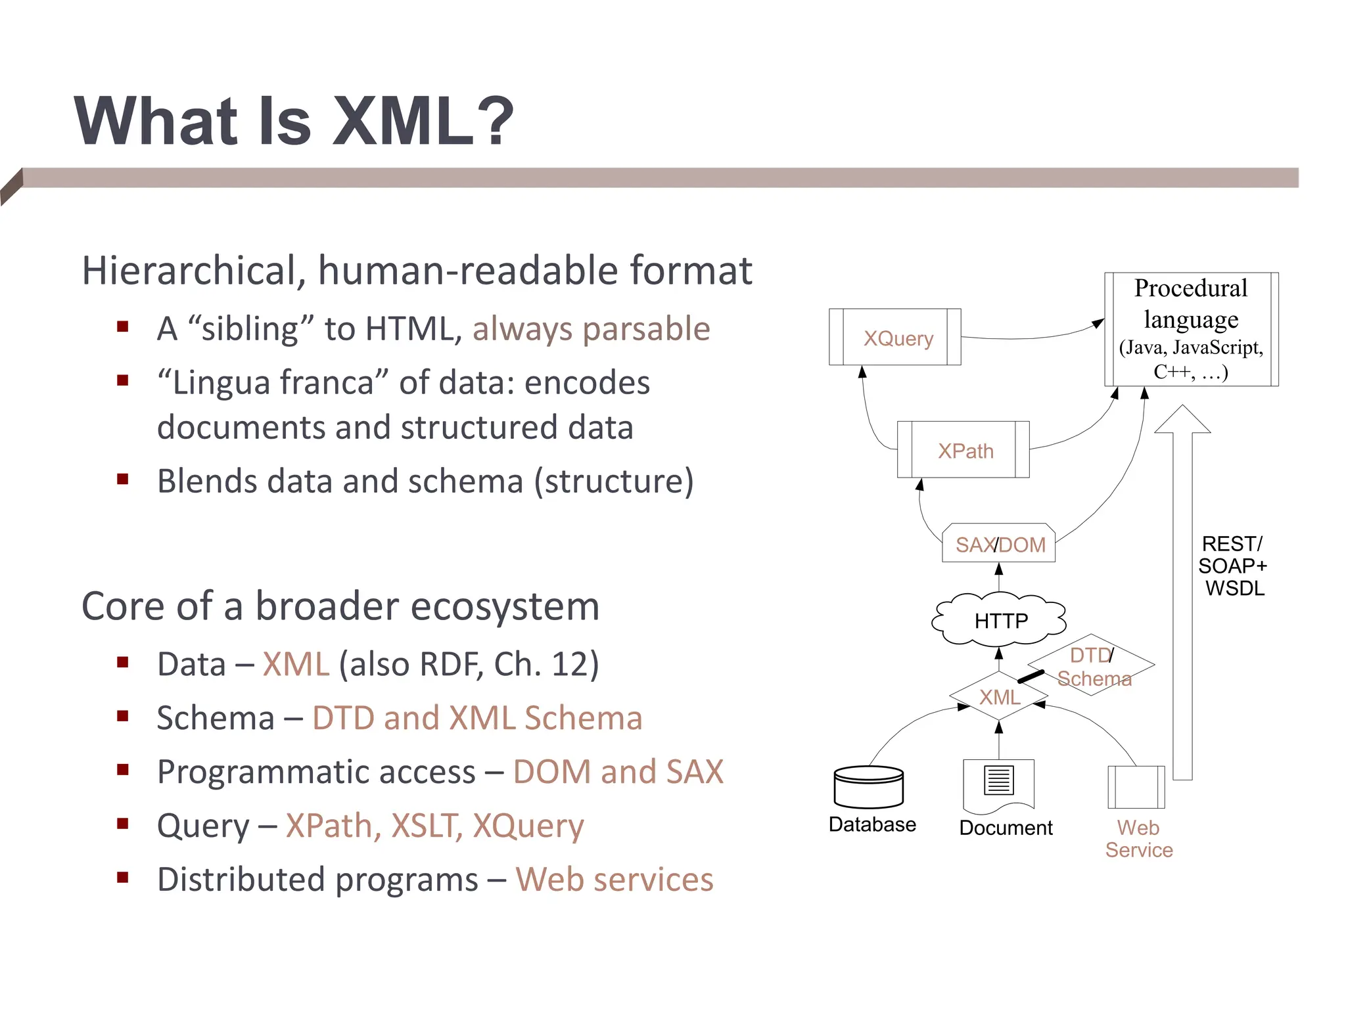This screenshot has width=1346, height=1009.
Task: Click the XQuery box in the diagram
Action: (x=894, y=337)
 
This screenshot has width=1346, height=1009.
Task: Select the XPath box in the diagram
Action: (x=963, y=450)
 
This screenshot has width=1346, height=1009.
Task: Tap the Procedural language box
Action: (x=1191, y=329)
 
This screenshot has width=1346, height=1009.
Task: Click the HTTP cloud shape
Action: (x=1000, y=619)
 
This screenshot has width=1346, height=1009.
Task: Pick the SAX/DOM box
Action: (x=999, y=544)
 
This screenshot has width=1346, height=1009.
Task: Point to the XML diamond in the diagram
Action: (x=999, y=696)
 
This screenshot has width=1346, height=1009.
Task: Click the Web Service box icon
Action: (x=1136, y=787)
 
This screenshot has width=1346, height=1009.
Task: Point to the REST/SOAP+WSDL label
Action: (x=1232, y=566)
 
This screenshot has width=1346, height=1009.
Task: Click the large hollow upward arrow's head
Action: (x=1182, y=420)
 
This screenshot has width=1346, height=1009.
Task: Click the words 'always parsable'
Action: (x=591, y=328)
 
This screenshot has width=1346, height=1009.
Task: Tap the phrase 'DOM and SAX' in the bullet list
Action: (x=618, y=772)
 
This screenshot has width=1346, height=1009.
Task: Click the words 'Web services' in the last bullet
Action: (x=614, y=880)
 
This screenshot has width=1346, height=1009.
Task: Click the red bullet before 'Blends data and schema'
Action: (x=122, y=479)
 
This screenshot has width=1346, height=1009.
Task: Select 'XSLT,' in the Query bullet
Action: (x=426, y=826)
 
